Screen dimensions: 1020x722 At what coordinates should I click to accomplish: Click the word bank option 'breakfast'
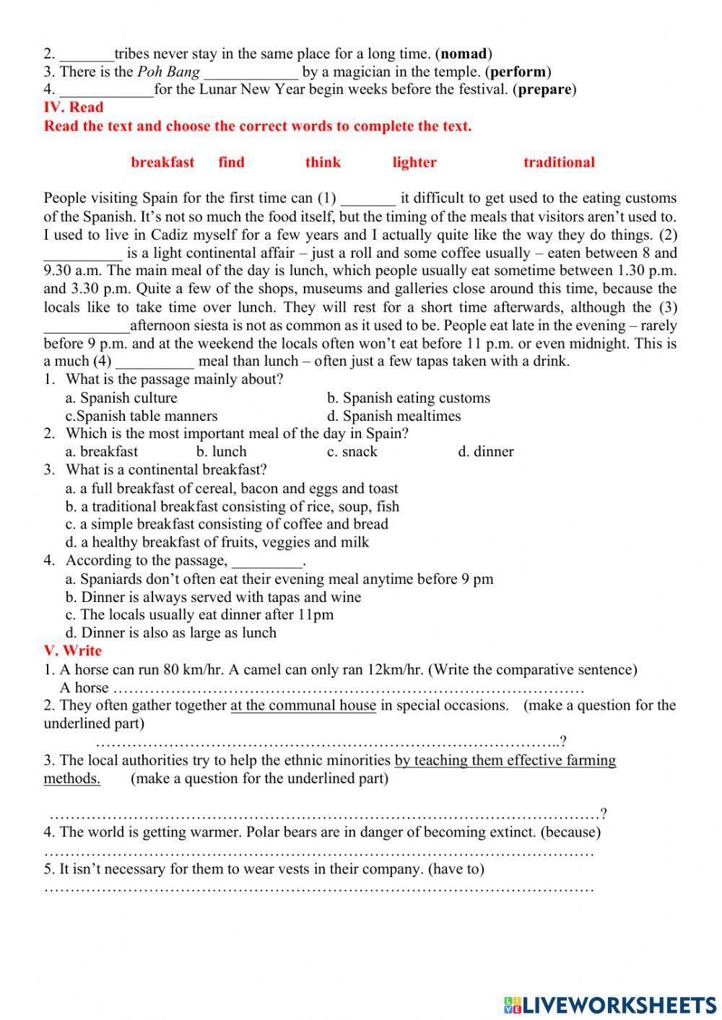click(x=162, y=162)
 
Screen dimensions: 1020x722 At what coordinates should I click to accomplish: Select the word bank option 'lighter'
click(x=414, y=162)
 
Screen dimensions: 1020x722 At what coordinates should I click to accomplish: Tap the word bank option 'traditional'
click(x=559, y=162)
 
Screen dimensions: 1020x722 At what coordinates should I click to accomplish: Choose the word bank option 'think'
click(x=323, y=162)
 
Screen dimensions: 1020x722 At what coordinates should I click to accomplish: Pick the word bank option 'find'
click(x=231, y=162)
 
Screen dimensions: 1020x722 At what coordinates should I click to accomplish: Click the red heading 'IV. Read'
click(x=74, y=108)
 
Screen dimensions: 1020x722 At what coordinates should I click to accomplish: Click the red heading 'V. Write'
click(x=73, y=650)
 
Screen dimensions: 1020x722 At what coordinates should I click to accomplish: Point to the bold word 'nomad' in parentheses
click(x=464, y=53)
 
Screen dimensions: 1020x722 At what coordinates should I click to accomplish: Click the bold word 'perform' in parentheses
click(x=518, y=71)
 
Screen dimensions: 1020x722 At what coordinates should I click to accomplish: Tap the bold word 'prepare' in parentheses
click(x=545, y=90)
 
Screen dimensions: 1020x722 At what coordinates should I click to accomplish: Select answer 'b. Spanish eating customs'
click(x=408, y=398)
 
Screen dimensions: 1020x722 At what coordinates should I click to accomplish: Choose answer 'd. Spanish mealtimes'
click(x=393, y=416)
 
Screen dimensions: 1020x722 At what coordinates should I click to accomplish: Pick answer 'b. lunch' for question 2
click(x=221, y=452)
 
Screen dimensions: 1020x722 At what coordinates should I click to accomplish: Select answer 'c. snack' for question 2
click(x=352, y=452)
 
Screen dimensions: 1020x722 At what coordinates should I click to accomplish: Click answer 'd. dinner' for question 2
click(x=486, y=452)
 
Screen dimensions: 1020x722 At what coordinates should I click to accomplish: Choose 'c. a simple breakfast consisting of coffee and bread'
click(x=227, y=524)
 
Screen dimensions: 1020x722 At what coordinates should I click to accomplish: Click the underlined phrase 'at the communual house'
click(x=303, y=705)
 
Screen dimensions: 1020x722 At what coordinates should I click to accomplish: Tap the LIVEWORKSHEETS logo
click(x=610, y=1004)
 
